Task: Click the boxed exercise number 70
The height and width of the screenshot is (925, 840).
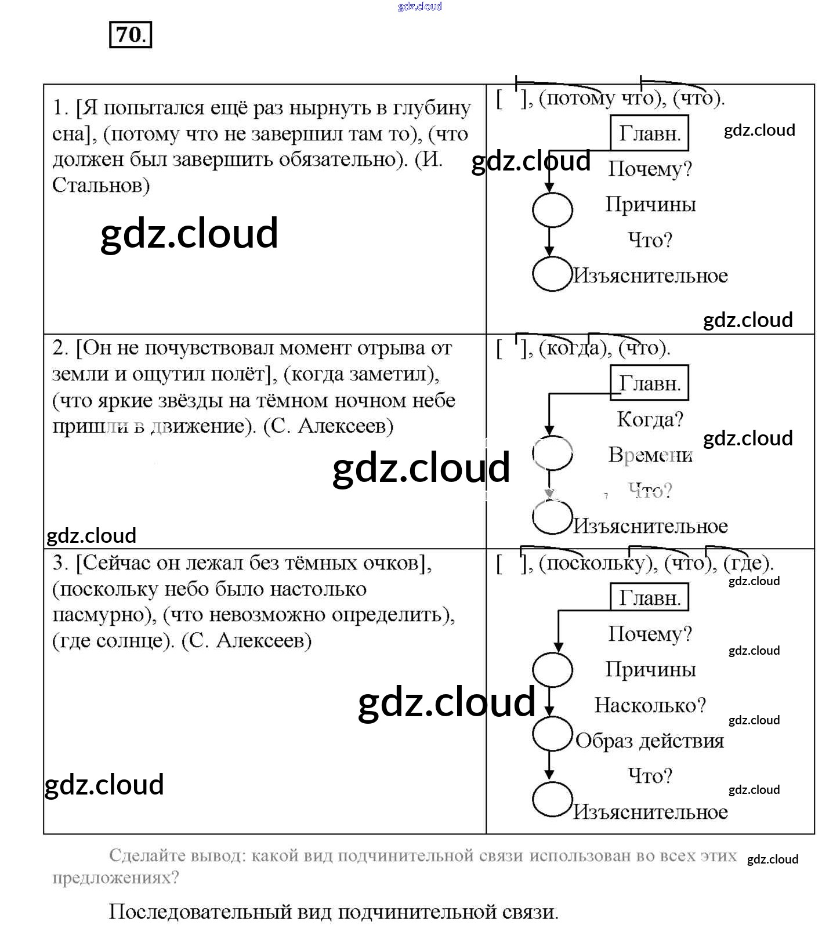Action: tap(131, 35)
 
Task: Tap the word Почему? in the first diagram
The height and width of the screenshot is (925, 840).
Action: tap(650, 169)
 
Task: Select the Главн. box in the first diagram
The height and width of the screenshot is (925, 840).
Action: tap(649, 133)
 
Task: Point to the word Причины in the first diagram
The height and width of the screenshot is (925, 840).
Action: tap(650, 205)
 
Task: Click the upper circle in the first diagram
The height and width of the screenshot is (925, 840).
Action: tap(552, 210)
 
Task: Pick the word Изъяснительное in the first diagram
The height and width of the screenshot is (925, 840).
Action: tap(650, 276)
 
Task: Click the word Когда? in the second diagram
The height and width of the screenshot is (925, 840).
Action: tap(650, 419)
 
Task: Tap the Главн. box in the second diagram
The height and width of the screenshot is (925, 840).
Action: tap(649, 383)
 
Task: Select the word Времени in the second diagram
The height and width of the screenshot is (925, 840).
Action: tap(650, 455)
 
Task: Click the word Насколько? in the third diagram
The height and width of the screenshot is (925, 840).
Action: tap(650, 706)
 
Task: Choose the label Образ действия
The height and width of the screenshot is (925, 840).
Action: tap(650, 741)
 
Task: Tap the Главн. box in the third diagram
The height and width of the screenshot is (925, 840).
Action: tap(649, 598)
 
